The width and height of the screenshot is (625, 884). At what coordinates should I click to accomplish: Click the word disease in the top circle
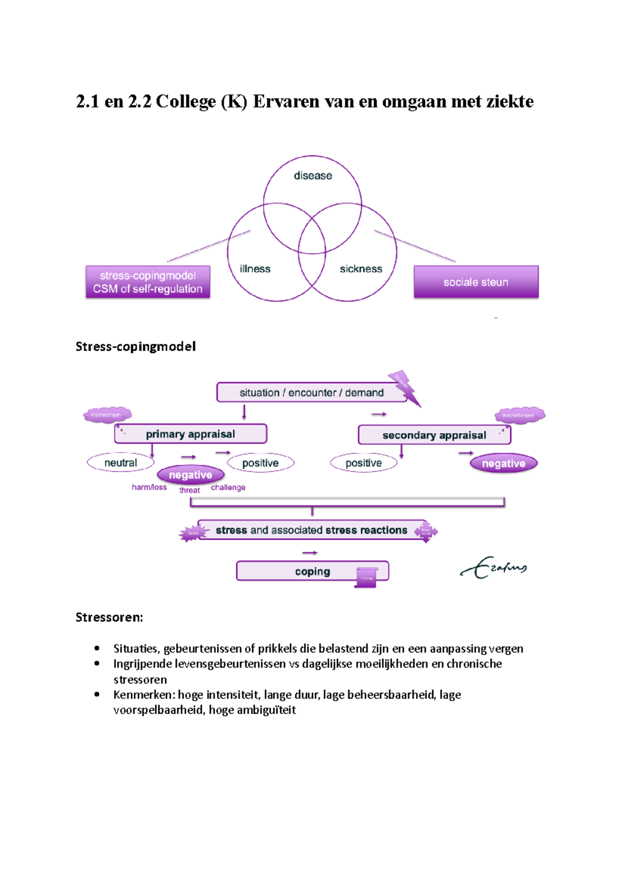click(312, 176)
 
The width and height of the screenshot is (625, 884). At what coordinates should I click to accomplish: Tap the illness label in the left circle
click(255, 269)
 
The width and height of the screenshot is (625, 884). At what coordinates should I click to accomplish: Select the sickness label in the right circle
click(361, 269)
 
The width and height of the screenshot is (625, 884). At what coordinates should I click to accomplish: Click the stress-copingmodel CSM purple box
click(148, 282)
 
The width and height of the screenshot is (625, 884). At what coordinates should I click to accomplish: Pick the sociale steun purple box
click(476, 282)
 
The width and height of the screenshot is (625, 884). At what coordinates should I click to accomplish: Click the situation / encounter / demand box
click(311, 393)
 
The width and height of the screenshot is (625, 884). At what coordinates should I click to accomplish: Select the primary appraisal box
click(191, 434)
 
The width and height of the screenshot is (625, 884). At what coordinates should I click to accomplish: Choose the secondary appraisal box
click(434, 435)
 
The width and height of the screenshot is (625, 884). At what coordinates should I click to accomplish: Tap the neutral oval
click(121, 463)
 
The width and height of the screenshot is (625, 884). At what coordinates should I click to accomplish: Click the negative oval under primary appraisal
click(191, 475)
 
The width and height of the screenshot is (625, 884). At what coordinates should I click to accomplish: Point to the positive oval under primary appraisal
click(260, 463)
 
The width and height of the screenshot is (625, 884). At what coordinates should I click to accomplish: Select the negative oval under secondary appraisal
click(503, 463)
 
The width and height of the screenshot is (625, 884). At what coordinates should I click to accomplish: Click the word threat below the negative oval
click(190, 490)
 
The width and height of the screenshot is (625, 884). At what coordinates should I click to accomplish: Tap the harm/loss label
click(149, 487)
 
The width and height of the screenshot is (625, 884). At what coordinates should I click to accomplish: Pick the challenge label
click(228, 487)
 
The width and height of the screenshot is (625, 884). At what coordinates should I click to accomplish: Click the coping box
click(312, 571)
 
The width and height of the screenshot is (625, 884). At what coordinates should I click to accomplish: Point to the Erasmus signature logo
click(494, 567)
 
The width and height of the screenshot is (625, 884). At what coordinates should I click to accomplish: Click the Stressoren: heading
click(109, 617)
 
